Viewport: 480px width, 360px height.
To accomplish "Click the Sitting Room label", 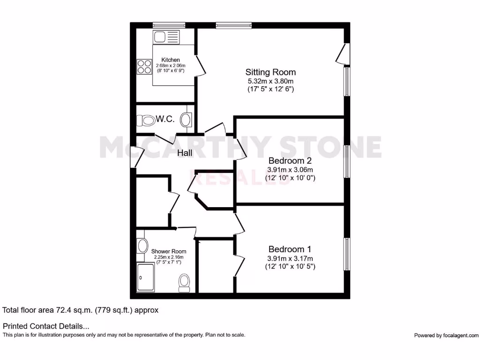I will click(270, 72).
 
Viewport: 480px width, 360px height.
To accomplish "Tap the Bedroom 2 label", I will click(290, 161).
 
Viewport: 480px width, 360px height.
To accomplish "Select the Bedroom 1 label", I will click(290, 249).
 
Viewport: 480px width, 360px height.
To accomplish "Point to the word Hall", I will click(186, 152).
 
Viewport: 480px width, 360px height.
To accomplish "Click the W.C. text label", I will click(165, 120).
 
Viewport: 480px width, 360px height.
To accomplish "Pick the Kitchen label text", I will click(171, 60).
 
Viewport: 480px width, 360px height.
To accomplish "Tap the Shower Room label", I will click(169, 251).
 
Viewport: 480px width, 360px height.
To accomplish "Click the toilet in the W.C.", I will click(146, 121).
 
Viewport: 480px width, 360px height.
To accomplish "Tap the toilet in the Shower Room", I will click(184, 282).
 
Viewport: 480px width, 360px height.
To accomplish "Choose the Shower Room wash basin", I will click(142, 245).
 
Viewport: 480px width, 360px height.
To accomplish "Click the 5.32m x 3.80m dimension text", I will click(270, 81).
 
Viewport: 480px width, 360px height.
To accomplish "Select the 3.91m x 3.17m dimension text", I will click(290, 258).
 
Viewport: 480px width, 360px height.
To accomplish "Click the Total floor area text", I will click(81, 310).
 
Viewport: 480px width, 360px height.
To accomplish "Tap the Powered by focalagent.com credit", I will click(446, 335).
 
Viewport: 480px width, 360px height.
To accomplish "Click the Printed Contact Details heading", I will click(46, 326).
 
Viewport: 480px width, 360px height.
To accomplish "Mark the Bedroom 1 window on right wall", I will click(347, 254).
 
